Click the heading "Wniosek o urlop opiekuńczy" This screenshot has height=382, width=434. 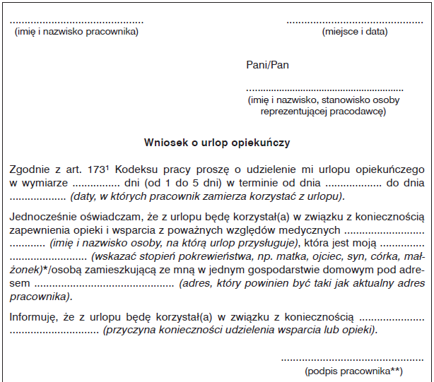[x=217, y=142]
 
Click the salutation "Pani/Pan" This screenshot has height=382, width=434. [x=267, y=65]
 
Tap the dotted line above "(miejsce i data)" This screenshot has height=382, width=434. [x=354, y=22]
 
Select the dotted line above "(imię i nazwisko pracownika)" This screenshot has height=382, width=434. [x=73, y=22]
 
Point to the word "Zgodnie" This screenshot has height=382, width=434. [x=30, y=169]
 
